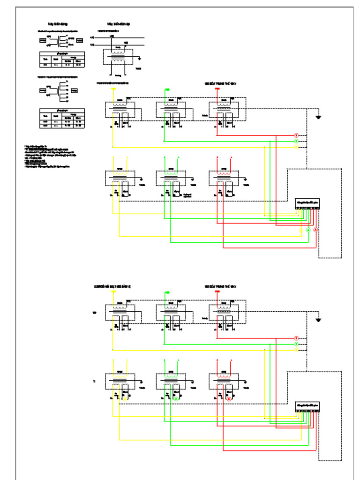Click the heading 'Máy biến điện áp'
[118, 23]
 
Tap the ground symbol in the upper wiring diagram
[318, 117]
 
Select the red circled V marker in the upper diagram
[296, 135]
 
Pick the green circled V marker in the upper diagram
[296, 141]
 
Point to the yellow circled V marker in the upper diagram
[296, 147]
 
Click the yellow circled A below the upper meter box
[301, 230]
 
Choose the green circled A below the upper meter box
[308, 230]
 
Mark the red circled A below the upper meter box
[315, 230]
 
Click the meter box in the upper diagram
[307, 202]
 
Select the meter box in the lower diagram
[307, 405]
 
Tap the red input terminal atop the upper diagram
[217, 89]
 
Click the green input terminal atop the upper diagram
[166, 89]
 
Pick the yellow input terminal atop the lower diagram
[113, 291]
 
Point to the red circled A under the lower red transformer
[229, 398]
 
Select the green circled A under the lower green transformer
[176, 398]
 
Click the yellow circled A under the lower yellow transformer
[125, 398]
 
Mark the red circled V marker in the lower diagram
[296, 338]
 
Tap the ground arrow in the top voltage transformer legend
[140, 59]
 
